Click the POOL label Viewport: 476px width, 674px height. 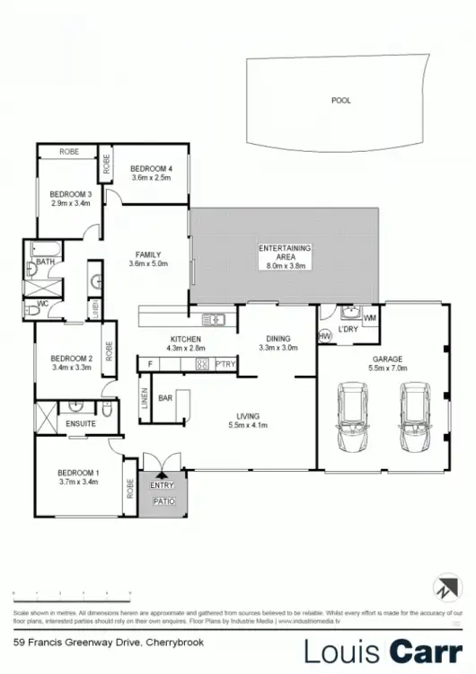click(340, 101)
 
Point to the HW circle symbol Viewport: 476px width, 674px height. click(325, 336)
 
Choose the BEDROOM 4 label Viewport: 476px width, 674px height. click(151, 168)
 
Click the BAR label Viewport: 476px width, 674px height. click(165, 396)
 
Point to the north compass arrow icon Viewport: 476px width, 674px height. click(445, 587)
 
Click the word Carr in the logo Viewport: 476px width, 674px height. click(425, 650)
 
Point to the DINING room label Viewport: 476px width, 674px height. click(277, 338)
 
